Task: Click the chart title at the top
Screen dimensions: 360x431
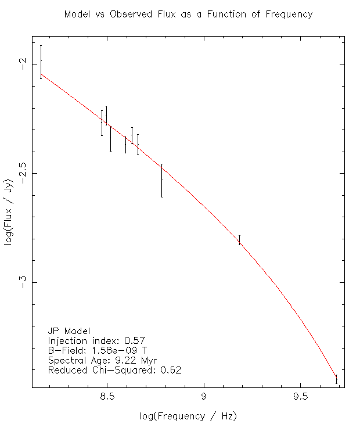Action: pyautogui.click(x=189, y=14)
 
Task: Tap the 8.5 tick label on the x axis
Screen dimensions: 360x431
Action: pyautogui.click(x=107, y=396)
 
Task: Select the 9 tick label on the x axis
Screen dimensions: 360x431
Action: pyautogui.click(x=204, y=396)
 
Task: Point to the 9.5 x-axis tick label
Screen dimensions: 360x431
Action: pyautogui.click(x=301, y=396)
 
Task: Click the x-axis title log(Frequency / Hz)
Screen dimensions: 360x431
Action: pyautogui.click(x=188, y=416)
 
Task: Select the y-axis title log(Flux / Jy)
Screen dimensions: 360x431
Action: pyautogui.click(x=9, y=212)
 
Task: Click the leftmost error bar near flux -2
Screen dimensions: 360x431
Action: pyautogui.click(x=41, y=62)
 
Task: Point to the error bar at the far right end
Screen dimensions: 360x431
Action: pyautogui.click(x=336, y=379)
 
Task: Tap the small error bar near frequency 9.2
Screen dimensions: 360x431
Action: pyautogui.click(x=240, y=240)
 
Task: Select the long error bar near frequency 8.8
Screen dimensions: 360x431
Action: pyautogui.click(x=162, y=180)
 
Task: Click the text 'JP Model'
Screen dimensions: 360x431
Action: pyautogui.click(x=69, y=331)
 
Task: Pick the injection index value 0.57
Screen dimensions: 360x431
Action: pyautogui.click(x=135, y=341)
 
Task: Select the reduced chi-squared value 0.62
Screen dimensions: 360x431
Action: pyautogui.click(x=171, y=370)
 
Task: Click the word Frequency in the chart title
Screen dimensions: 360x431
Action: pyautogui.click(x=289, y=15)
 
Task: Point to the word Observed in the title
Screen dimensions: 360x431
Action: pyautogui.click(x=131, y=14)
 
